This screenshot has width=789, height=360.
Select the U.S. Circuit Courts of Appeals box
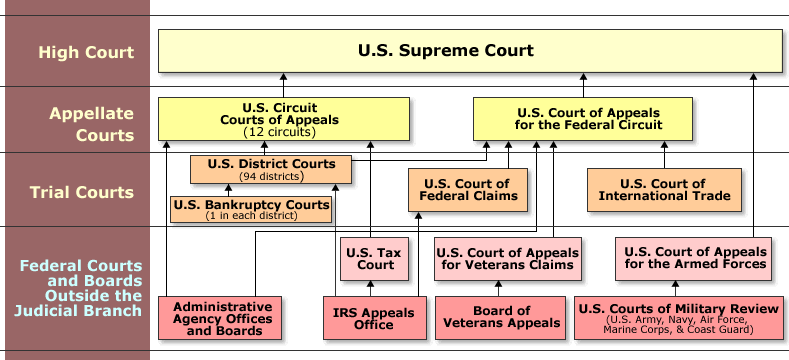[x=284, y=118]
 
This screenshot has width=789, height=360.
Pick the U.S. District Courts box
[x=271, y=169]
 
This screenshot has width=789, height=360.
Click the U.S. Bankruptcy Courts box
[x=251, y=210]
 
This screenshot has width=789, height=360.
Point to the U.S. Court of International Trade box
[x=664, y=190]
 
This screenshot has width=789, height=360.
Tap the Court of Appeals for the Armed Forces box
[x=694, y=258]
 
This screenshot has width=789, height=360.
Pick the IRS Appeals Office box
[x=374, y=318]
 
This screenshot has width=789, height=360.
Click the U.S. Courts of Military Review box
[x=678, y=318]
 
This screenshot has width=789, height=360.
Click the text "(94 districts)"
[x=271, y=176]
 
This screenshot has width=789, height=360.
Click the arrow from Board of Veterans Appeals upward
[x=497, y=289]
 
